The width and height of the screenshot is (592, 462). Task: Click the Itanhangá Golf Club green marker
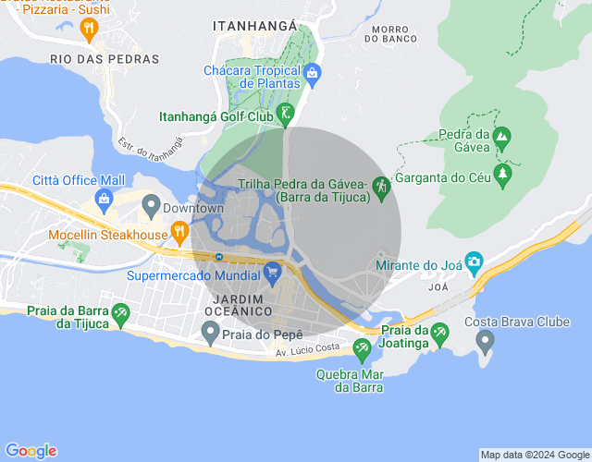point(286,114)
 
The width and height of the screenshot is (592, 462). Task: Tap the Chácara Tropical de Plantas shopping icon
point(312,72)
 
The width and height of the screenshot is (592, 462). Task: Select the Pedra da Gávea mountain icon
point(501,140)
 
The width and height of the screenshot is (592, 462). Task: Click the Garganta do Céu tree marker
point(502,173)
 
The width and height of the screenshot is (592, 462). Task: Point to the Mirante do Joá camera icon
point(474,261)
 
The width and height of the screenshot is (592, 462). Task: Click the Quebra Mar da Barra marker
point(362,348)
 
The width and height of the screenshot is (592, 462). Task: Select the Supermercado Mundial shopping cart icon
point(272,273)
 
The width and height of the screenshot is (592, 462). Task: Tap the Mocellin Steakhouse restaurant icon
point(179,226)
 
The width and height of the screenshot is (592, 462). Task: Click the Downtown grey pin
point(150,204)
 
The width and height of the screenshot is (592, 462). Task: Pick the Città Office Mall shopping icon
point(105,198)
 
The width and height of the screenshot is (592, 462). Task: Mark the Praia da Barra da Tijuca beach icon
point(119,317)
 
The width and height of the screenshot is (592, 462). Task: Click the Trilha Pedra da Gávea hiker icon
point(380,187)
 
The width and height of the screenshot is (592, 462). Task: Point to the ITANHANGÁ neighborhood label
point(254,27)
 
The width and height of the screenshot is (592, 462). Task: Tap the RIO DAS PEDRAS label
point(105,59)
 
